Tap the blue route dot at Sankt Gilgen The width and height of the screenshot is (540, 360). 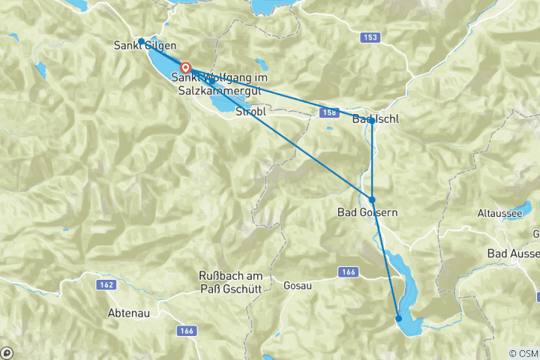[141, 41]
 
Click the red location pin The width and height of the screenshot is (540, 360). [185, 67]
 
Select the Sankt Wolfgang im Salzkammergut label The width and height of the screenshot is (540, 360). [213, 83]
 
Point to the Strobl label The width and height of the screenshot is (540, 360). [250, 112]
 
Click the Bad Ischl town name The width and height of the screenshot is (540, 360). [375, 120]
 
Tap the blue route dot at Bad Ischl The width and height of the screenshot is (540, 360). [372, 120]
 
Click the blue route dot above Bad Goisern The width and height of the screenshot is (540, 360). [372, 199]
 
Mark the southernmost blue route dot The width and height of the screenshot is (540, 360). [399, 319]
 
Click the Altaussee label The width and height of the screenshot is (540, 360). [499, 213]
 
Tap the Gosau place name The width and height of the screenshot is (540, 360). [298, 286]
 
